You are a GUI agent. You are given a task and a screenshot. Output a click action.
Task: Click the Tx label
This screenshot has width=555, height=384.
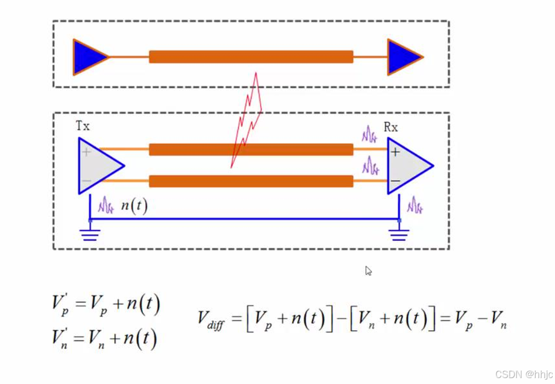(82, 126)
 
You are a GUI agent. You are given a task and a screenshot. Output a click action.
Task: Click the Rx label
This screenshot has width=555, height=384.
(390, 128)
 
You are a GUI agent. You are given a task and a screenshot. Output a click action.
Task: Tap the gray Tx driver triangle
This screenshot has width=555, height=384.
(97, 165)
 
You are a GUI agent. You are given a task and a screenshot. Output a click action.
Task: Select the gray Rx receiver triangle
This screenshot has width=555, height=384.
(406, 165)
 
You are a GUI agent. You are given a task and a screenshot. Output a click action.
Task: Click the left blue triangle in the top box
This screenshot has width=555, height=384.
(87, 57)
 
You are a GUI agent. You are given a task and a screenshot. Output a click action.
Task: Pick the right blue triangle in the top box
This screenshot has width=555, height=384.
(402, 57)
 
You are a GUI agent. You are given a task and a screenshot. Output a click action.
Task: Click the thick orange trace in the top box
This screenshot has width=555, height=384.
(251, 57)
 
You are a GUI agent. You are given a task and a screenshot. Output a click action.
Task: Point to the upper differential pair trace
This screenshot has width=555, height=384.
(251, 149)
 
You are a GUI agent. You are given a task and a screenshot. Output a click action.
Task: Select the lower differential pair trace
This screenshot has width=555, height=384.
(251, 181)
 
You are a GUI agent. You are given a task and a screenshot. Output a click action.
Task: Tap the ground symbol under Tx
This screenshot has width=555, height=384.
(90, 234)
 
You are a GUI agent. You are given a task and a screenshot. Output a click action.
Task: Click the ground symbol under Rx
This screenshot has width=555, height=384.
(399, 234)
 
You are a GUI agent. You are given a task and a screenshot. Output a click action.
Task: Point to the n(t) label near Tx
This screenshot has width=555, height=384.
(134, 206)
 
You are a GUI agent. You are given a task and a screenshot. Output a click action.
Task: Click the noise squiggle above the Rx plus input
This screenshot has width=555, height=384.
(369, 134)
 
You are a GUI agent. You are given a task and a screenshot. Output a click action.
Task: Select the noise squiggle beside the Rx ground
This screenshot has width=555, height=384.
(415, 205)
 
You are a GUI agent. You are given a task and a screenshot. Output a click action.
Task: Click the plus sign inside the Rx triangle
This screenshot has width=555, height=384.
(396, 152)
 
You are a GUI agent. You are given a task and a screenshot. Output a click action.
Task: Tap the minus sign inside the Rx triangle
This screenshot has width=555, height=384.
(396, 180)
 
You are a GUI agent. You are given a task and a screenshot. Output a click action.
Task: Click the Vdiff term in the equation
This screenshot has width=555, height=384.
(210, 320)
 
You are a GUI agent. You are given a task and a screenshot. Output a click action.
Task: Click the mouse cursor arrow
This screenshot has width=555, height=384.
(368, 270)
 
